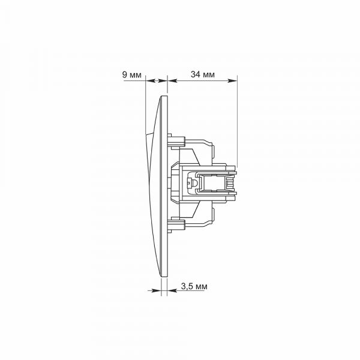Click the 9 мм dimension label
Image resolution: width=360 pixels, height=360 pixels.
click(132, 75)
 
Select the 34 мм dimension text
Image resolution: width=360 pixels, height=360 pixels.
click(203, 74)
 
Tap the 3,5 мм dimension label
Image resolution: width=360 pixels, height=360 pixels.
click(194, 287)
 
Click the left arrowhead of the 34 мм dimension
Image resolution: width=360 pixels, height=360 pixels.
click(172, 80)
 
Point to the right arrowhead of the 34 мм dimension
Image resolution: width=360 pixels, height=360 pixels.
click(232, 80)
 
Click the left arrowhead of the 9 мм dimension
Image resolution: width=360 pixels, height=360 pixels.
click(150, 80)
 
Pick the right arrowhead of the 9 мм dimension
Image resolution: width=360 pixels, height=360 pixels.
click(163, 80)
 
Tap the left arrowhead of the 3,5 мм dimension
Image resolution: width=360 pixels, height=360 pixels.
click(157, 290)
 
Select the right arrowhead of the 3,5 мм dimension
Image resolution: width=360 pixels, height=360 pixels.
click(172, 290)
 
